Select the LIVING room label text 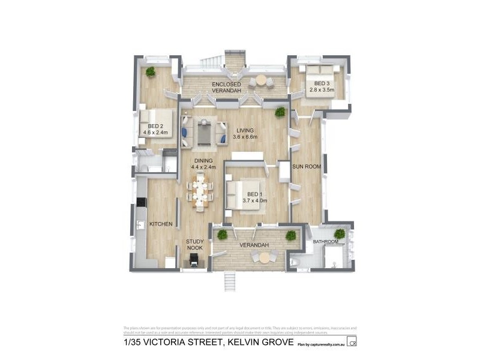click(x=246, y=130)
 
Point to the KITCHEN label click(x=161, y=224)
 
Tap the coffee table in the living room click(x=205, y=134)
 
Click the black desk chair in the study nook click(x=194, y=260)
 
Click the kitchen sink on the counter click(x=139, y=225)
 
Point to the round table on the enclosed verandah click(x=261, y=80)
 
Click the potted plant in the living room click(x=280, y=112)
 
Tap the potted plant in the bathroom click(x=340, y=233)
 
